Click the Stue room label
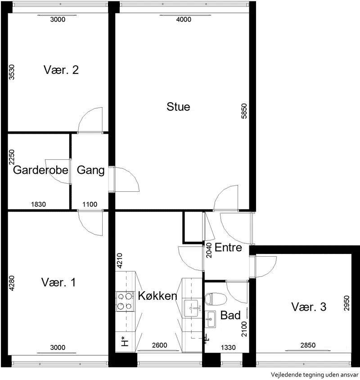click(x=178, y=107)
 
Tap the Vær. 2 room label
click(x=61, y=70)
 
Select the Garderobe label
click(x=40, y=170)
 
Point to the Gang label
click(x=90, y=170)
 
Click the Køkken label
click(x=157, y=296)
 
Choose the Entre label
click(x=228, y=248)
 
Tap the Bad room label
click(x=230, y=315)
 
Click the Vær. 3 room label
click(x=309, y=307)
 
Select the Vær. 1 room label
click(x=58, y=282)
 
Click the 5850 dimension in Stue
click(x=244, y=111)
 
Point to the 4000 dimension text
click(x=184, y=19)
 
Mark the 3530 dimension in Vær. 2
click(x=11, y=72)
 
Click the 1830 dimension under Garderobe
click(x=39, y=204)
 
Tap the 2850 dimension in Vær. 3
click(x=308, y=345)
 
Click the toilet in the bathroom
click(x=216, y=299)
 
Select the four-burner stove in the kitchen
click(x=125, y=302)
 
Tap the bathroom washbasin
click(x=210, y=319)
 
